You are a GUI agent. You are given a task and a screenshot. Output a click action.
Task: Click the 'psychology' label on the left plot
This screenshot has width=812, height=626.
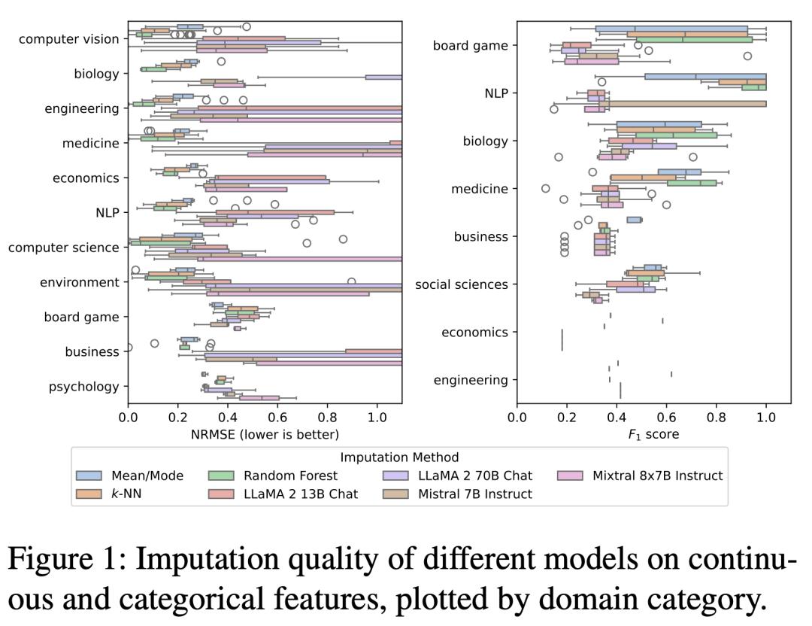[x=83, y=387]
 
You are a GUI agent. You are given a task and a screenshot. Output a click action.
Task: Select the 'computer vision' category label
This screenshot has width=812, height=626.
[x=68, y=39]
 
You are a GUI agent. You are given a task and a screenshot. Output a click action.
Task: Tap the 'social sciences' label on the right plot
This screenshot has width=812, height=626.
[x=461, y=284]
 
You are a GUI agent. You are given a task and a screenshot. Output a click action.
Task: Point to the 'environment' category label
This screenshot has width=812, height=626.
[x=82, y=282]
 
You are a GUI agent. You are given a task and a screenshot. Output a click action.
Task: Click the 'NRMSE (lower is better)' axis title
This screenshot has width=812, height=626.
[x=265, y=434]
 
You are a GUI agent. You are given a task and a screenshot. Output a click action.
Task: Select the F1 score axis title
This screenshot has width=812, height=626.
[x=653, y=434]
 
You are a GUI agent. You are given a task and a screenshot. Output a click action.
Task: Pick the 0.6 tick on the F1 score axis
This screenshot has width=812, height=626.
[x=666, y=416]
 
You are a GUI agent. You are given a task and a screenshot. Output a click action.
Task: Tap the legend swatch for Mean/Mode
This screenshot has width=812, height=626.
[x=89, y=476]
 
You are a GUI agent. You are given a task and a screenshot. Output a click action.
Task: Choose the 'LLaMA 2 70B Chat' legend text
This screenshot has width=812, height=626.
[x=475, y=476]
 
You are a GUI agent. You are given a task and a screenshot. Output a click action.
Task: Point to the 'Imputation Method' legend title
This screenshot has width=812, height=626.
[x=399, y=457]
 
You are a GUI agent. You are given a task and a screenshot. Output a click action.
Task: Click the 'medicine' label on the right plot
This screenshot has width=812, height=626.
[x=479, y=189]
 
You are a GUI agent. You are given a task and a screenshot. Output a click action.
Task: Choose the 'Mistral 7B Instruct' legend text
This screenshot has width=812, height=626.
[x=475, y=494]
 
